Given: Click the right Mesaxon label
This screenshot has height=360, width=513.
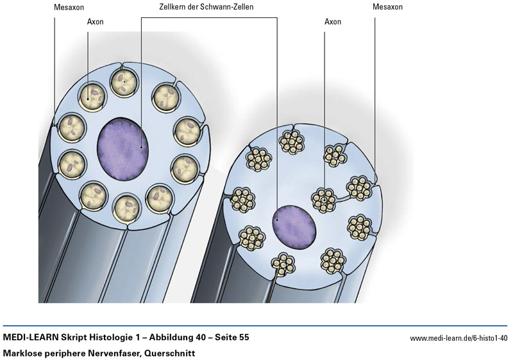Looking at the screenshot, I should click(387, 7).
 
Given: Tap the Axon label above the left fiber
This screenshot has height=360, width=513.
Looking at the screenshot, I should click(95, 21).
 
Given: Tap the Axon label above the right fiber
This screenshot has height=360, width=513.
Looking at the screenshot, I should click(332, 21).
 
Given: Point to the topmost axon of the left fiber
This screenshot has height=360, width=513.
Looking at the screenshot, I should click(122, 83).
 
